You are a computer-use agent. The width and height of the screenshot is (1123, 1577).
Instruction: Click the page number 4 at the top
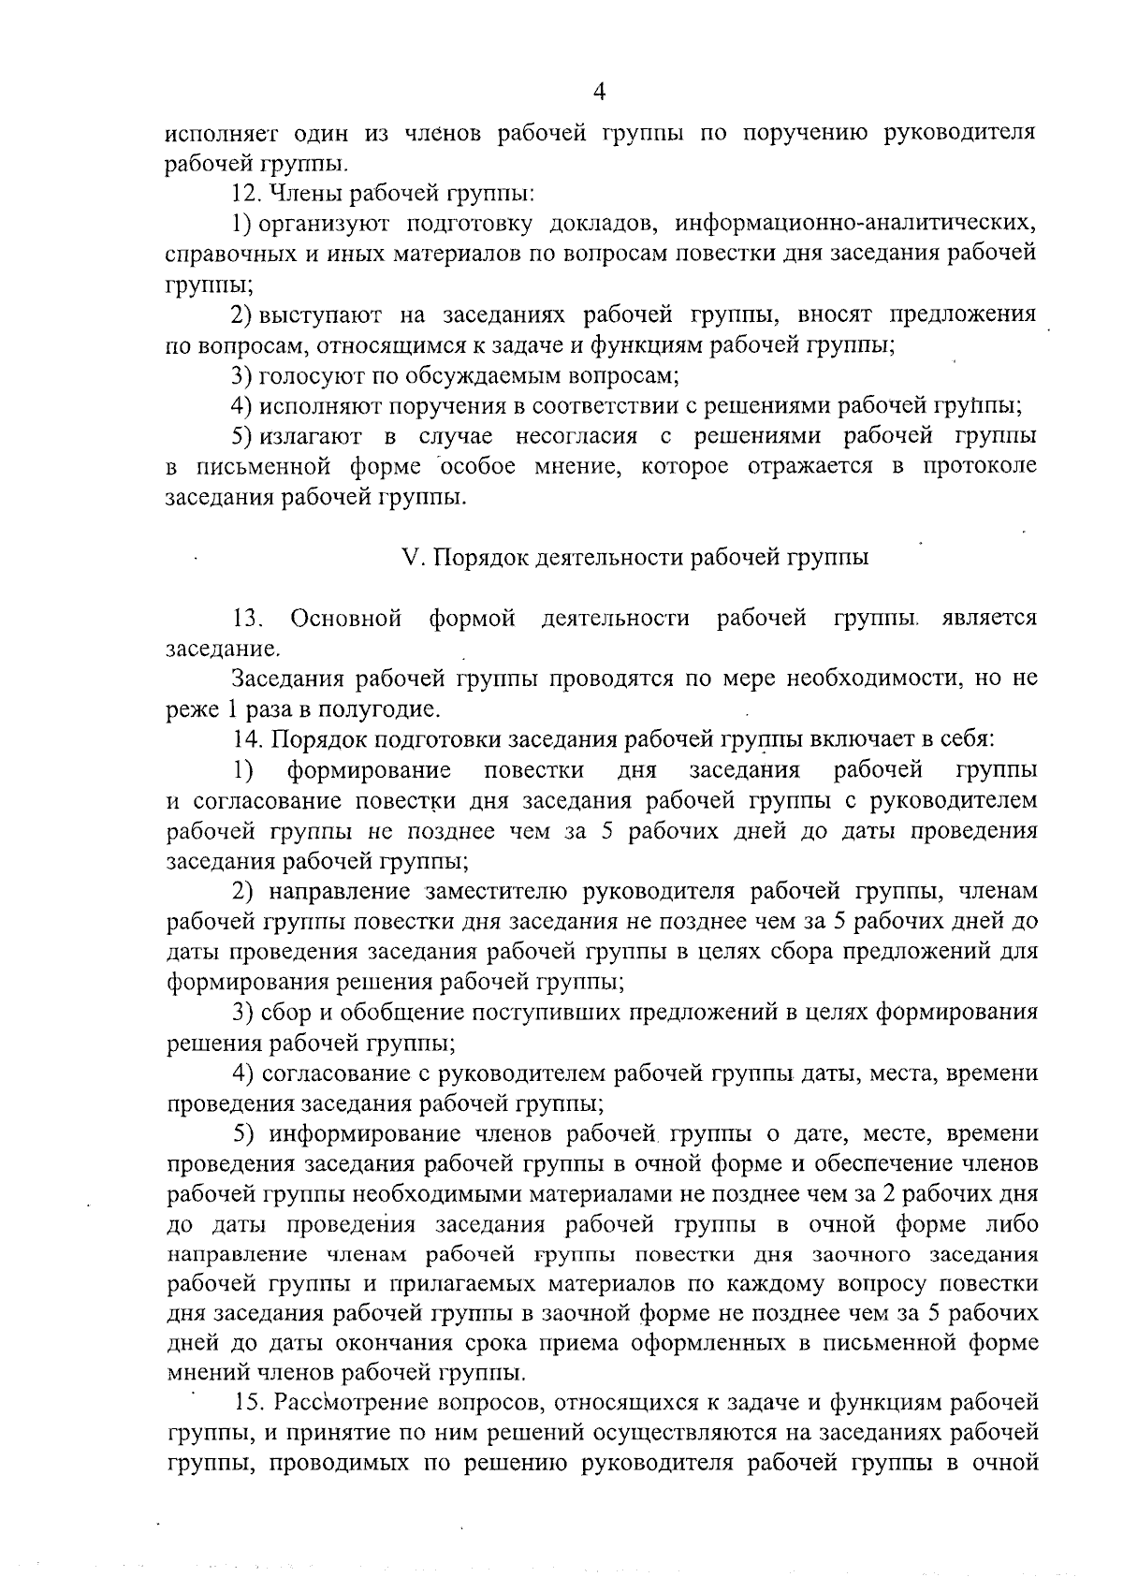coord(600,91)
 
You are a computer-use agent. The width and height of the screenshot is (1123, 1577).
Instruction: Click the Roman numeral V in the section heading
coord(408,558)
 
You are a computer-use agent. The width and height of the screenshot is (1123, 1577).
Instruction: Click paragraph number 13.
coord(248,619)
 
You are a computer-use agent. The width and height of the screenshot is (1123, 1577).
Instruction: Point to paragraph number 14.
coord(248,739)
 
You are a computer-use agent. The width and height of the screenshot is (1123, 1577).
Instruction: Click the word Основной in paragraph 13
coord(346,619)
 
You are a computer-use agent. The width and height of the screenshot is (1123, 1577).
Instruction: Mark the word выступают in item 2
coord(317,315)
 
